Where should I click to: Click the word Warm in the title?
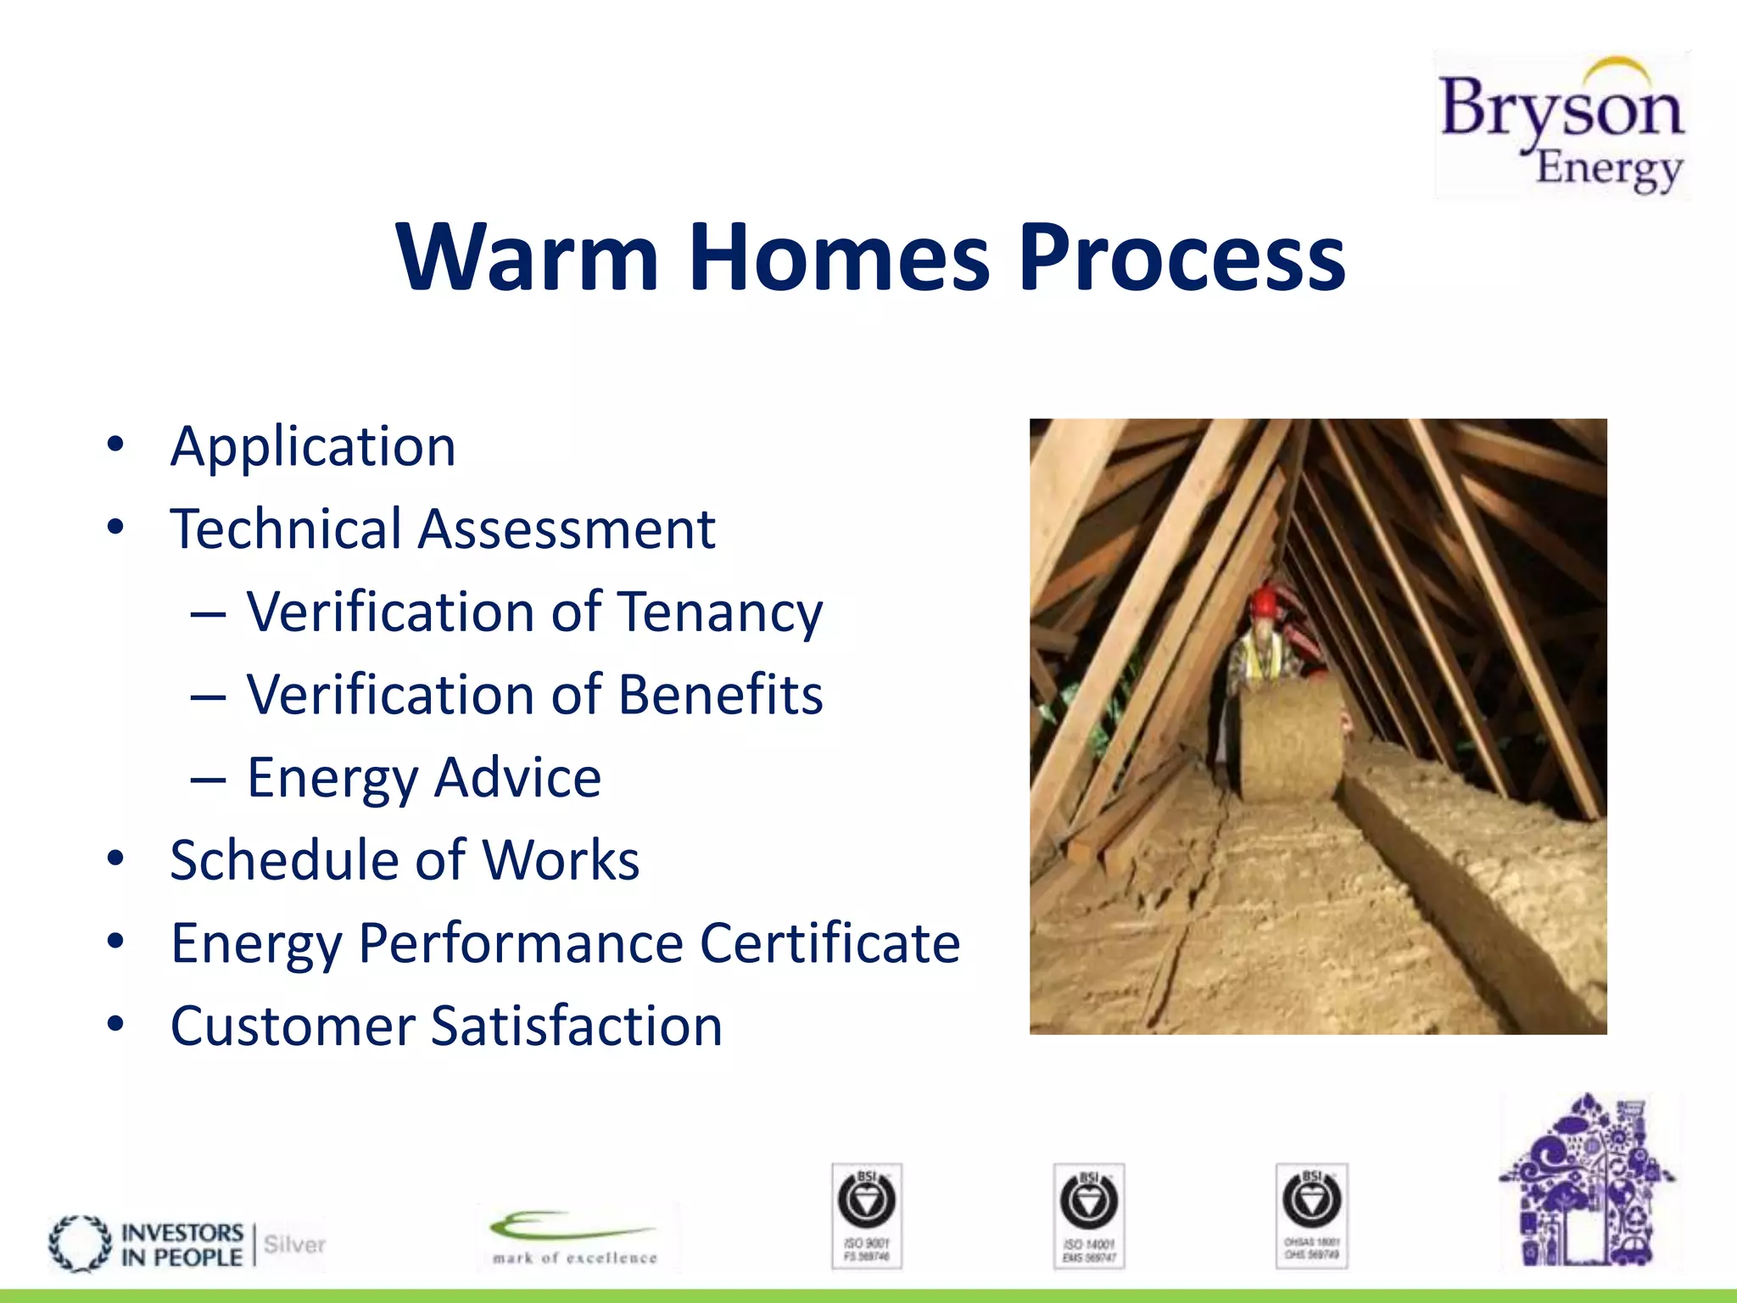[x=526, y=257]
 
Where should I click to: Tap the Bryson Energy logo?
[x=1561, y=126]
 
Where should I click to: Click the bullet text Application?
[x=313, y=446]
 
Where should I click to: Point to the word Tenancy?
[x=719, y=612]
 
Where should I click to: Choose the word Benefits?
[x=720, y=695]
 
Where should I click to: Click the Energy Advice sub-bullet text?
[x=424, y=778]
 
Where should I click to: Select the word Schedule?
[x=282, y=860]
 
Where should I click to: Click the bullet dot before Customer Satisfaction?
[x=116, y=1024]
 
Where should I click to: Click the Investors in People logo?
[x=148, y=1244]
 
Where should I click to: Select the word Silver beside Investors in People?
[x=294, y=1244]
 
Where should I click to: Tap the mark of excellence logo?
[x=575, y=1238]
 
